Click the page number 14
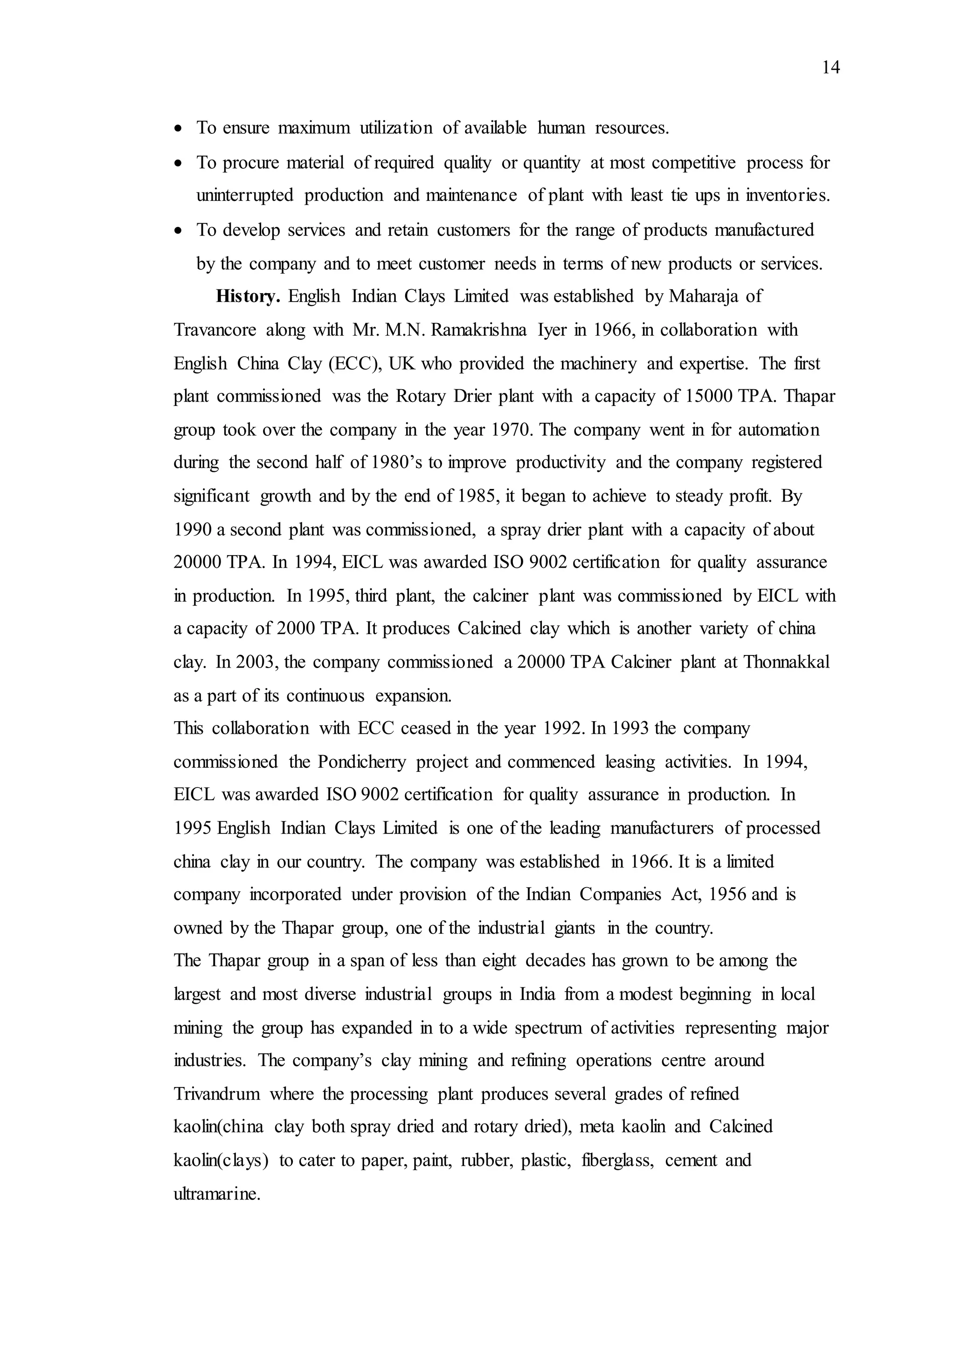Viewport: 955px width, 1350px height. coord(830,68)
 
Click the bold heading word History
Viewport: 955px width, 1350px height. coord(248,296)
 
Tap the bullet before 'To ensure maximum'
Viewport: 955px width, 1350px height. coord(179,128)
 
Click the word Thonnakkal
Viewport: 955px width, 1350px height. coord(786,662)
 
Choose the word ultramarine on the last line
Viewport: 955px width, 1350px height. coord(216,1194)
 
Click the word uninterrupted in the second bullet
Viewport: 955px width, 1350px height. coord(245,196)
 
